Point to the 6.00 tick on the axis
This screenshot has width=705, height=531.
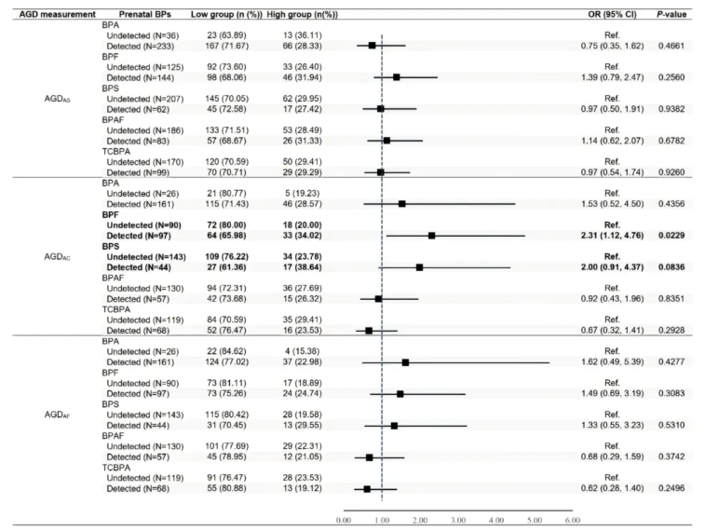573,520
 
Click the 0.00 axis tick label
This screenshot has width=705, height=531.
343,520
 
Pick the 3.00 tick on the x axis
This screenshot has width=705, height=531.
458,520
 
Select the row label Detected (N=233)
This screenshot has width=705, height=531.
142,44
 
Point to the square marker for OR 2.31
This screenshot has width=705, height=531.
431,236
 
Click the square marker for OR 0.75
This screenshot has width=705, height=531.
372,44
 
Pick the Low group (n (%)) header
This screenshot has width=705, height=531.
224,15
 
